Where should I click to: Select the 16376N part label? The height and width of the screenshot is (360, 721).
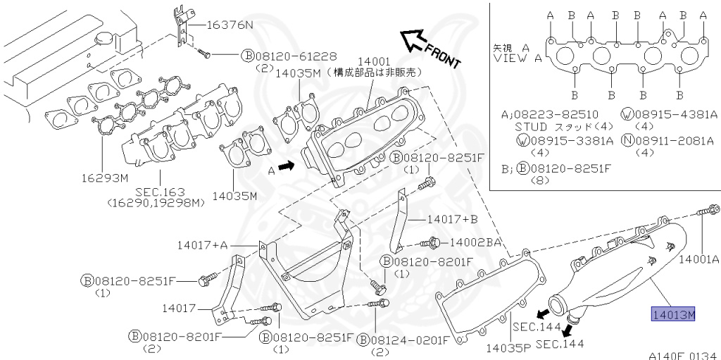[229, 25]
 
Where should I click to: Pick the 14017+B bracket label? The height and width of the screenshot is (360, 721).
[452, 219]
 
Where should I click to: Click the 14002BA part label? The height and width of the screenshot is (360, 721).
[476, 242]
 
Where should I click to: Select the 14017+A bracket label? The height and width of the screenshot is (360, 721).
[203, 245]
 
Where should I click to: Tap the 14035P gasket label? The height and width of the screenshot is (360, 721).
[508, 347]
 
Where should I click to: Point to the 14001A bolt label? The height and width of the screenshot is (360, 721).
[699, 259]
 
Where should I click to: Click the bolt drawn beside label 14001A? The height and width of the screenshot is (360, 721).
[709, 209]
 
